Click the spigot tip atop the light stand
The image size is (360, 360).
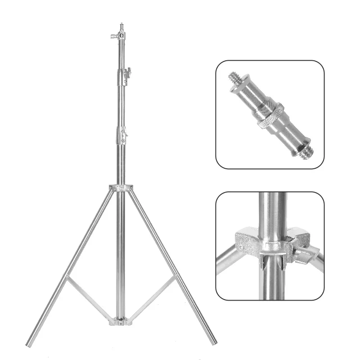[x=121, y=26]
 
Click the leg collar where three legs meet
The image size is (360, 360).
[x=121, y=188]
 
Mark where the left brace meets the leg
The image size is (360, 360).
[x=67, y=278]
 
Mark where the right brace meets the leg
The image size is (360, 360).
[x=175, y=278]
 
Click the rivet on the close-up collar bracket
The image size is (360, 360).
[x=242, y=247]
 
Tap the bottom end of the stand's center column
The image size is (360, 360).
[x=121, y=315]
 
